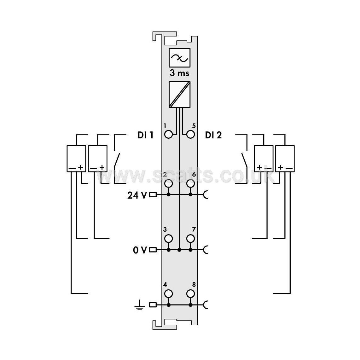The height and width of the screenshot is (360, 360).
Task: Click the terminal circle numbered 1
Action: coord(169,134)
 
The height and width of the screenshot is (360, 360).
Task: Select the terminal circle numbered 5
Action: coord(191,134)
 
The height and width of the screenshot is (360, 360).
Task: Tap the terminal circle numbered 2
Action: coord(169,183)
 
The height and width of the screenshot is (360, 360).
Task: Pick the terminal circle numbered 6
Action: coord(191,183)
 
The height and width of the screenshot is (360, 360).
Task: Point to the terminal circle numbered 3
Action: coord(169,239)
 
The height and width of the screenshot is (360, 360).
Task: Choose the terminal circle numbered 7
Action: coord(191,239)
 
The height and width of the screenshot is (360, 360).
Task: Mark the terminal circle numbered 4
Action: coord(169,294)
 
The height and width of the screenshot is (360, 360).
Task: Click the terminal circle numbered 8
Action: coord(191,294)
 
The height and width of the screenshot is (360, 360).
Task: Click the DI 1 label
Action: coord(145,135)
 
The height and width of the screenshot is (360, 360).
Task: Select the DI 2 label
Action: coord(213,135)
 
